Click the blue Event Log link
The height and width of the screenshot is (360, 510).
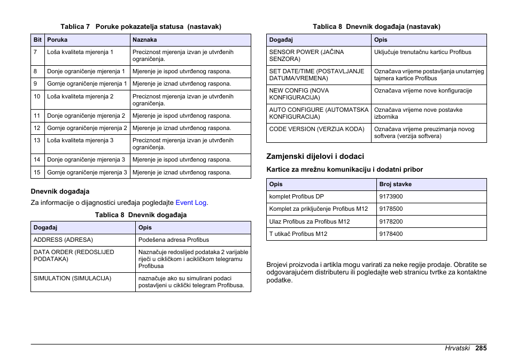point(191,203)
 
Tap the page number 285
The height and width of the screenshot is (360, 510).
point(480,348)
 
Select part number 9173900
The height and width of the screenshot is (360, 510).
point(391,196)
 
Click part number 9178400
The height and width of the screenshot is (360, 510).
point(391,234)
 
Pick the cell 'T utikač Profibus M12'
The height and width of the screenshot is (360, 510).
point(298,234)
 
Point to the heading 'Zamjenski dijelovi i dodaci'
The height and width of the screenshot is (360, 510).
point(315,156)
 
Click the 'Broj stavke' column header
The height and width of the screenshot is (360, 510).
point(395,184)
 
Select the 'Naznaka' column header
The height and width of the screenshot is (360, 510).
point(145,40)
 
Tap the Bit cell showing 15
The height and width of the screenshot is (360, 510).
point(37,172)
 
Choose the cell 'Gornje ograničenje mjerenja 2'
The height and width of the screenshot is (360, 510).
point(87,128)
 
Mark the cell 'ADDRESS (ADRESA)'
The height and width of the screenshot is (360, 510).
point(63,240)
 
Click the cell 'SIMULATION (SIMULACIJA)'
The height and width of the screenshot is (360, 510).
point(72,278)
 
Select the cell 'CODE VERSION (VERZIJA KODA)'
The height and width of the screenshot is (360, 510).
point(316,129)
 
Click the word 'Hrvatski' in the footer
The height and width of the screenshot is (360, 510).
point(457,348)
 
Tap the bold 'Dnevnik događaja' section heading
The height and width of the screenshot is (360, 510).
point(60,191)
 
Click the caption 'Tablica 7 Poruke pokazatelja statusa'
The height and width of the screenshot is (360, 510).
point(141,26)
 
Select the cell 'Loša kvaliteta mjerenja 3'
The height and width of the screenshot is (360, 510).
point(80,140)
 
